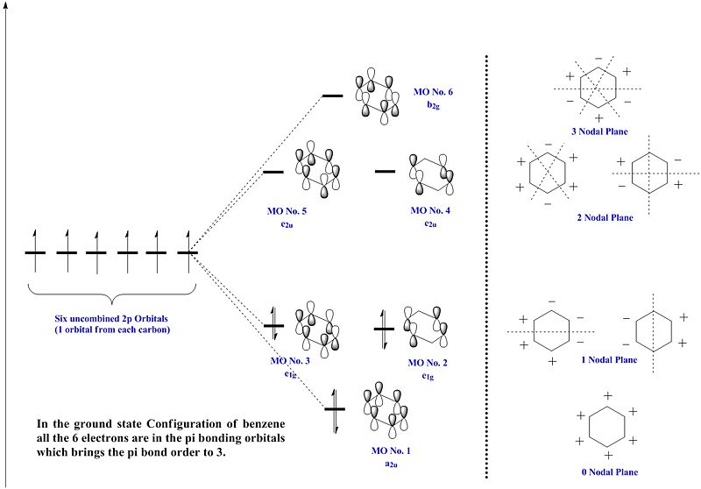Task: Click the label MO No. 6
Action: (x=433, y=90)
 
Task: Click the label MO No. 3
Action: (x=289, y=360)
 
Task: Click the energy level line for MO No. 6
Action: (x=332, y=94)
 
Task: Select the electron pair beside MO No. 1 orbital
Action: (x=334, y=409)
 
